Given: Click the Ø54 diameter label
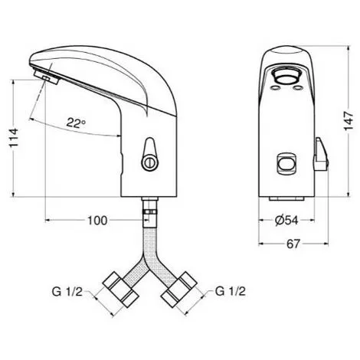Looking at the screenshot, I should coord(287,221).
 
